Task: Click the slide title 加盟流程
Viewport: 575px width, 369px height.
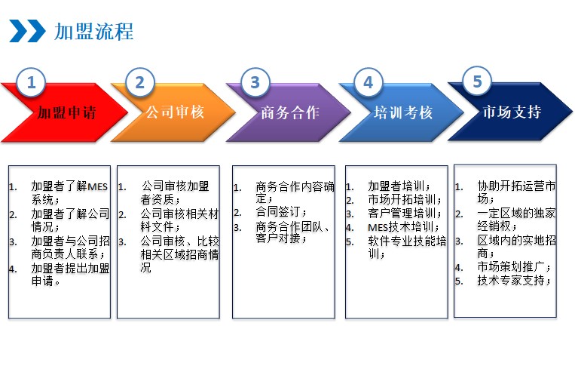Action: tap(94, 32)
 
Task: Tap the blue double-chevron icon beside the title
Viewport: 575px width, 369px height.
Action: tap(27, 31)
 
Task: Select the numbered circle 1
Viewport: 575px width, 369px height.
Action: tap(31, 82)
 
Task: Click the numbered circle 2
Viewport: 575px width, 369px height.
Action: tap(139, 82)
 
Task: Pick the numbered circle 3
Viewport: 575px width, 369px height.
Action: tap(255, 82)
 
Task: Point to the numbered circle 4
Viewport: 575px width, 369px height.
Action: tap(369, 82)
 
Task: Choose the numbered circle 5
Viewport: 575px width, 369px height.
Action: tap(477, 81)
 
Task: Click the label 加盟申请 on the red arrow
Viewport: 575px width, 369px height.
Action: tap(66, 112)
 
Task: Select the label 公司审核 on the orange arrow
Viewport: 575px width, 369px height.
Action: tap(175, 112)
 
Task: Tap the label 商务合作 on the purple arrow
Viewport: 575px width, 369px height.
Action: tap(290, 112)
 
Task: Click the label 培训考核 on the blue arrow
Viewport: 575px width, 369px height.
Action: tap(403, 112)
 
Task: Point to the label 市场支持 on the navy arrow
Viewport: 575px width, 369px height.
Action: tap(512, 112)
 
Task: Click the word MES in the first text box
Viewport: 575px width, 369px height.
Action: tap(97, 187)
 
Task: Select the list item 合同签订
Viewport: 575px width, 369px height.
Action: tap(281, 211)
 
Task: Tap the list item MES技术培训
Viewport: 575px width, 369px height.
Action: tap(403, 227)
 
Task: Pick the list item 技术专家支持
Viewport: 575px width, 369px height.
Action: tap(514, 280)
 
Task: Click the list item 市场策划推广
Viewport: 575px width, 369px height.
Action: tap(514, 266)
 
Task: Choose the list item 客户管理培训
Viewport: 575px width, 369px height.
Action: tap(405, 213)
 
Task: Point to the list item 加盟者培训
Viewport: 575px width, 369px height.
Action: tap(399, 186)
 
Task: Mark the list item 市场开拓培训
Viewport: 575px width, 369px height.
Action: tap(405, 199)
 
